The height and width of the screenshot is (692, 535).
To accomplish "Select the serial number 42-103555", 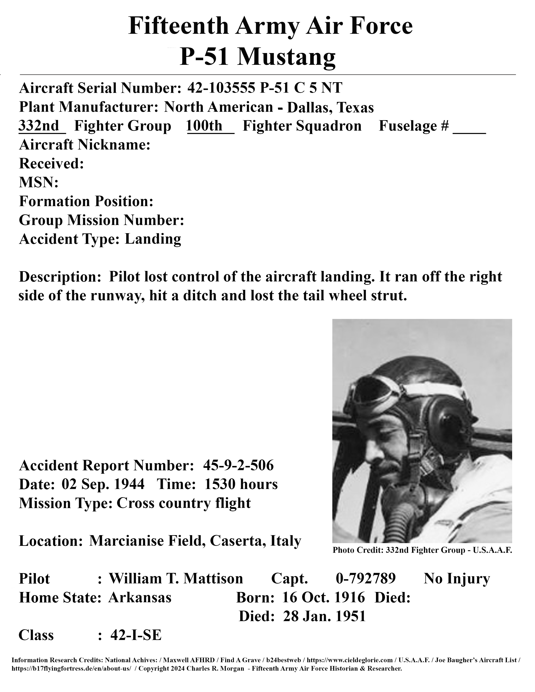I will (221, 88).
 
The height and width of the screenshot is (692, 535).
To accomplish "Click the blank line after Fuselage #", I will (469, 128).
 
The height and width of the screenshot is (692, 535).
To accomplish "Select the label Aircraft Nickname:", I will (85, 145).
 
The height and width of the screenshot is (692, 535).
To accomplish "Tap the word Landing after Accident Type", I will (153, 239).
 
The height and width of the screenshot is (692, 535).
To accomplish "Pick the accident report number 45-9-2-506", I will (238, 466).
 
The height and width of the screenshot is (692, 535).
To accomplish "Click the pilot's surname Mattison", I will (213, 579).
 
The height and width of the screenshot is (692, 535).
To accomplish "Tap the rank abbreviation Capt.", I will (289, 579).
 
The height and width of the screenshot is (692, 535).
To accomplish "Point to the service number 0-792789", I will (365, 579).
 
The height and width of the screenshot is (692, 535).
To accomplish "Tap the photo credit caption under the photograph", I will (422, 550).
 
